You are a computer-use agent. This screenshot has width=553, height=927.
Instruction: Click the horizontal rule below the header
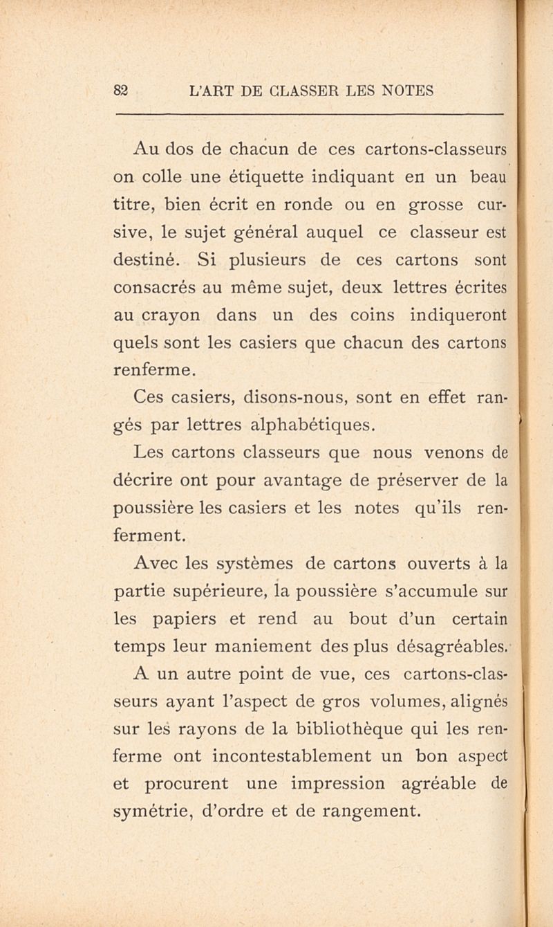(x=307, y=113)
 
